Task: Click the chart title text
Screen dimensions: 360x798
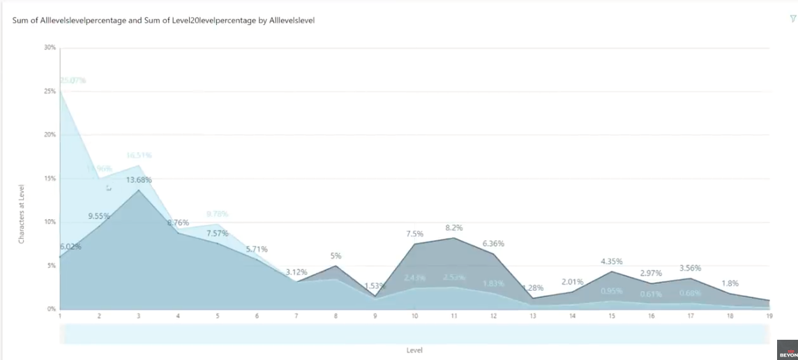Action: (x=164, y=21)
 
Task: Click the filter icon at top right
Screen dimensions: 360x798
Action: (x=792, y=19)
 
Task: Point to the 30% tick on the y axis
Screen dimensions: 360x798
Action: (x=50, y=47)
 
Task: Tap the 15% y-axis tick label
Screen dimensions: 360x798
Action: (x=50, y=179)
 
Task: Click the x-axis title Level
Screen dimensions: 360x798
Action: (x=414, y=350)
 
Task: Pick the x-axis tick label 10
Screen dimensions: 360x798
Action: (x=414, y=316)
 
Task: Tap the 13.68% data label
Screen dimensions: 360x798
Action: (x=138, y=180)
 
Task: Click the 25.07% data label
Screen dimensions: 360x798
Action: (x=73, y=80)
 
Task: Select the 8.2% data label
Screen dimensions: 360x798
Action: (x=453, y=227)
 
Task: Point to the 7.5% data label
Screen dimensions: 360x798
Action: (x=414, y=234)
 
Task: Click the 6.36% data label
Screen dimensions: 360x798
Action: (x=492, y=243)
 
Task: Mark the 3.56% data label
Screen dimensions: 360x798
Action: (x=689, y=268)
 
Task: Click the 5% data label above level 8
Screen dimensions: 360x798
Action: (x=336, y=256)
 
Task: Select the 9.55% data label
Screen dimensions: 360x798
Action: (x=99, y=216)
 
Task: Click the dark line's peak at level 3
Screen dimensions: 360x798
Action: (x=139, y=190)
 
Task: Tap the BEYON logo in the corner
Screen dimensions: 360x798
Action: (x=787, y=350)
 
